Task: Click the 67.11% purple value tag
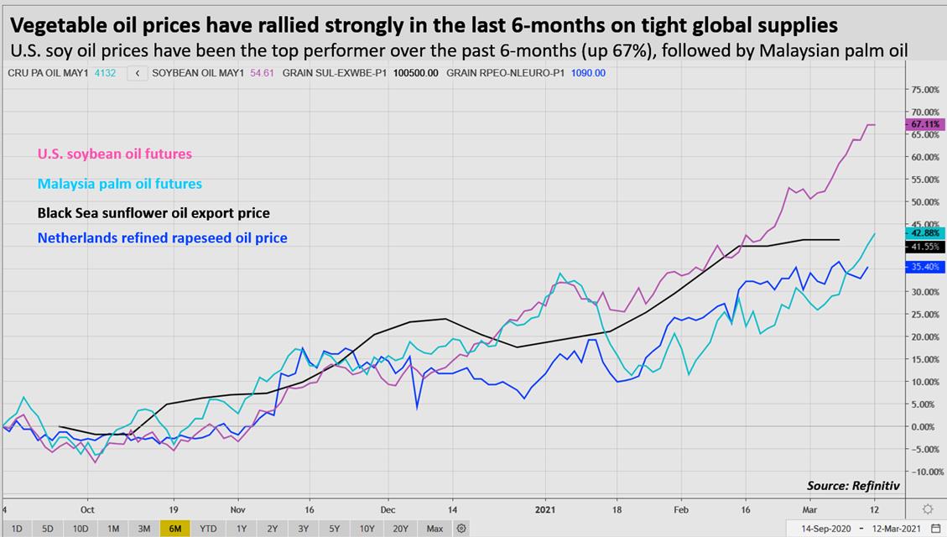tap(926, 124)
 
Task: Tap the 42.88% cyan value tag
tap(926, 232)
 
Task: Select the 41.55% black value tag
tap(926, 248)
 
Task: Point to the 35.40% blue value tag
tap(926, 268)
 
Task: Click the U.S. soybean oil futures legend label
tap(115, 154)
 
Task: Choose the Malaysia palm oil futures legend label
tap(120, 184)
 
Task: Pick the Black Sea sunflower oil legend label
tap(153, 213)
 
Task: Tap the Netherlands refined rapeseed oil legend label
tap(163, 238)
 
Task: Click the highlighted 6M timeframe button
tap(176, 529)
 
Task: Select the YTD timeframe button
tap(207, 529)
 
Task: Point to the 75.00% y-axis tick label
tap(926, 89)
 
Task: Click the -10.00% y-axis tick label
tap(926, 472)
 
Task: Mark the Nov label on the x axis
tap(237, 508)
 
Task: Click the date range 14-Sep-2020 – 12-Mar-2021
tap(862, 529)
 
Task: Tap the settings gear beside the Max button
tap(461, 529)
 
